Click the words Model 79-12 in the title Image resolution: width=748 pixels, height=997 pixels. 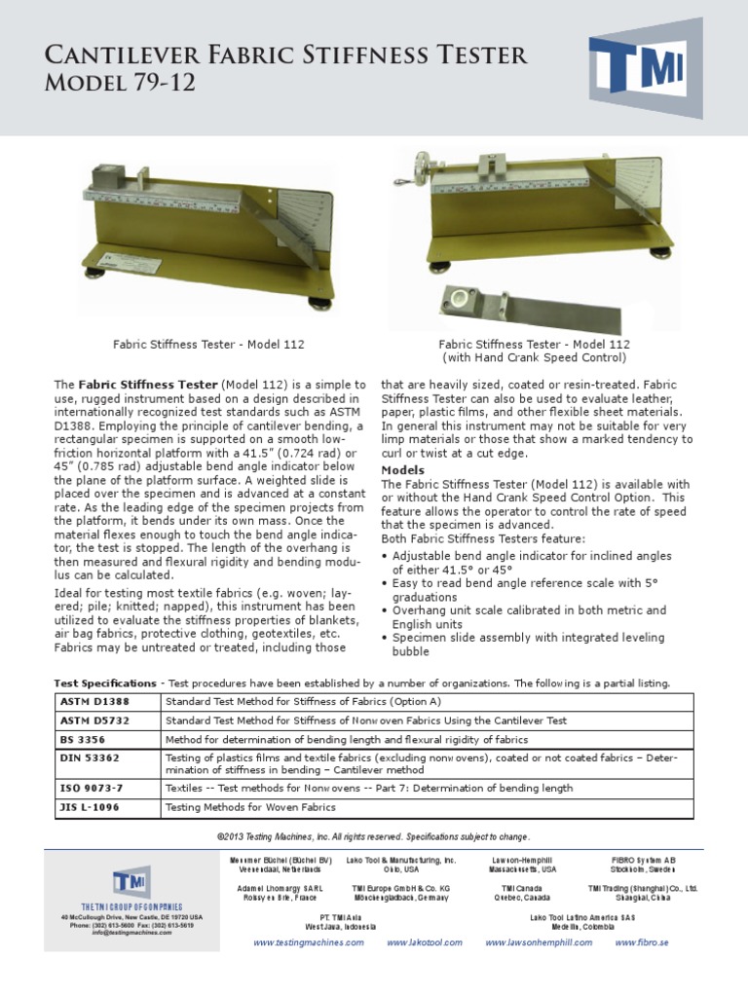pos(119,85)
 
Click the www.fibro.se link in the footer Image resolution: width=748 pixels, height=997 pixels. pos(641,942)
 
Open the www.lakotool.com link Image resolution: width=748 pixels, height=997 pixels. pos(423,942)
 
